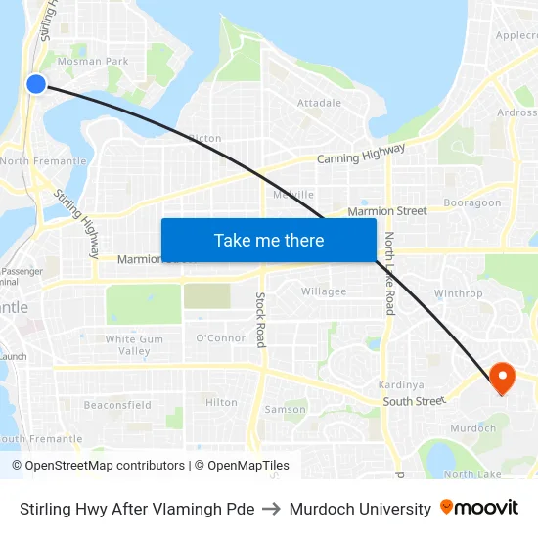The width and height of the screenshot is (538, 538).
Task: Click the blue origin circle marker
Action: [36, 84]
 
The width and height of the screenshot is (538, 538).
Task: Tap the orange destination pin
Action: [502, 378]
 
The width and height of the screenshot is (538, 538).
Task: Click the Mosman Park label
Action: [93, 62]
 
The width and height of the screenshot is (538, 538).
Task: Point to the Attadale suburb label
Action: [320, 103]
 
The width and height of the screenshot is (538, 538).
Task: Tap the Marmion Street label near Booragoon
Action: [388, 210]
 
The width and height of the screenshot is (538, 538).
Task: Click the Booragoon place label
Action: [471, 203]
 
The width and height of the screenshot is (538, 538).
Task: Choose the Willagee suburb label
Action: [324, 291]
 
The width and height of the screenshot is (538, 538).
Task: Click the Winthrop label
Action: [458, 293]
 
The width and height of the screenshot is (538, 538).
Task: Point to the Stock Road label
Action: [261, 319]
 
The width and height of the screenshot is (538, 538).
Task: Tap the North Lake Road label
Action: [388, 273]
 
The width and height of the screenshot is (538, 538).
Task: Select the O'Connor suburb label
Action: [221, 338]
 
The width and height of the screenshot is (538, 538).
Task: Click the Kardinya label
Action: [400, 384]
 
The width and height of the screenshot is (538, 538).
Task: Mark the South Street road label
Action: [414, 401]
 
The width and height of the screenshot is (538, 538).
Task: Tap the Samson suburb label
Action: [285, 410]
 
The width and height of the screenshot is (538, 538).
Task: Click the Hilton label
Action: [221, 402]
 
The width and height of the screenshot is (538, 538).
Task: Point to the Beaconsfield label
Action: [117, 405]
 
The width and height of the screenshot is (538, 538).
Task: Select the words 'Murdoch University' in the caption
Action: [361, 509]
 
